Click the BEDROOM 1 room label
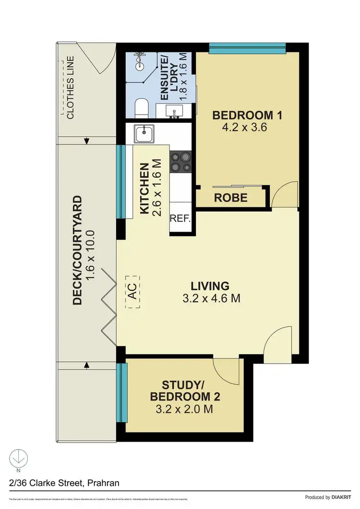(x=247, y=115)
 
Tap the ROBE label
(x=230, y=197)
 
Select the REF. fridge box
(x=180, y=219)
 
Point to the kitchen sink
(x=144, y=133)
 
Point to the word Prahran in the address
(x=107, y=483)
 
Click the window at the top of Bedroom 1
(x=247, y=47)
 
